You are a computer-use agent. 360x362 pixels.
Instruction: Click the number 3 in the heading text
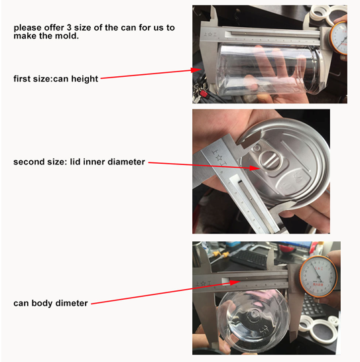(x=69, y=28)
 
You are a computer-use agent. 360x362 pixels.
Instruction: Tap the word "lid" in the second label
(x=76, y=162)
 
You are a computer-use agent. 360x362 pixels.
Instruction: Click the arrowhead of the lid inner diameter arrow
(x=255, y=168)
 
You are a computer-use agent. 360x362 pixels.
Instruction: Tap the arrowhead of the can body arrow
(x=235, y=282)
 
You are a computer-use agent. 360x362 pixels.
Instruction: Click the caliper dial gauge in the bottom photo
(x=318, y=276)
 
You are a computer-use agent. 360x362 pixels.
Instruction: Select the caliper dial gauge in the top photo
(x=339, y=38)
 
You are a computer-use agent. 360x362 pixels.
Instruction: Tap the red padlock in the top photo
(x=204, y=94)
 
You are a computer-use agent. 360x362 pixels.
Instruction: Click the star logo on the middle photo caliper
(x=218, y=158)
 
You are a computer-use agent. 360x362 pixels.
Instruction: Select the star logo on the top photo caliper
(x=210, y=34)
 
